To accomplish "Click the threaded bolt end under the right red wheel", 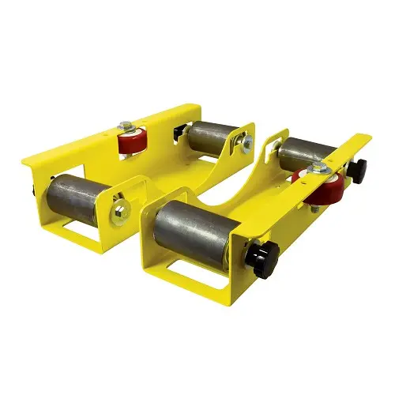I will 314,209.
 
